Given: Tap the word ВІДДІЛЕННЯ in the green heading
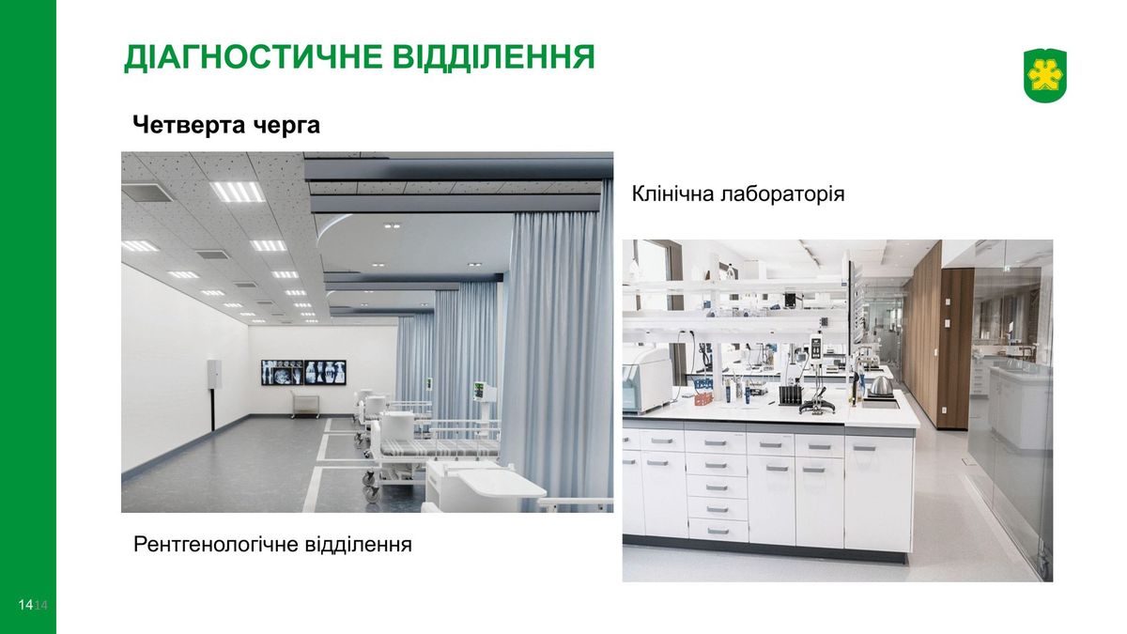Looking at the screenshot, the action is pyautogui.click(x=494, y=56).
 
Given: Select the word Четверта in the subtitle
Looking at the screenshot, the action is pyautogui.click(x=190, y=124).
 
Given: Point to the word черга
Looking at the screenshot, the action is pyautogui.click(x=286, y=126).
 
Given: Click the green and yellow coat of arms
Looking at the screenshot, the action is pyautogui.click(x=1045, y=75).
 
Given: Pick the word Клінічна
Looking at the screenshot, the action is pyautogui.click(x=672, y=193).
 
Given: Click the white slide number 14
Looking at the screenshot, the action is pyautogui.click(x=25, y=605).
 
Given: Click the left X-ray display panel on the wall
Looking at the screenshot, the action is pyautogui.click(x=283, y=372).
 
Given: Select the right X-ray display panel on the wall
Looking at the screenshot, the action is pyautogui.click(x=325, y=372).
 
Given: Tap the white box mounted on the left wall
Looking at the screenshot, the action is pyautogui.click(x=214, y=374).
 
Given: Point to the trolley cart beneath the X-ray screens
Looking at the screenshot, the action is pyautogui.click(x=305, y=406).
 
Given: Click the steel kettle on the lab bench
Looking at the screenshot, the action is pyautogui.click(x=881, y=386).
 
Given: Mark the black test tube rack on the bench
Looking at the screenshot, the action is pyautogui.click(x=791, y=395).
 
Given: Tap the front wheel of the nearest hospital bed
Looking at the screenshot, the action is pyautogui.click(x=372, y=492).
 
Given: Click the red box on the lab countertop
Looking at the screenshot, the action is pyautogui.click(x=703, y=399).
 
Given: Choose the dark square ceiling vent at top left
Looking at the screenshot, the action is pyautogui.click(x=147, y=192).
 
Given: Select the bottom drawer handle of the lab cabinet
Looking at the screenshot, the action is pyautogui.click(x=718, y=531).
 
